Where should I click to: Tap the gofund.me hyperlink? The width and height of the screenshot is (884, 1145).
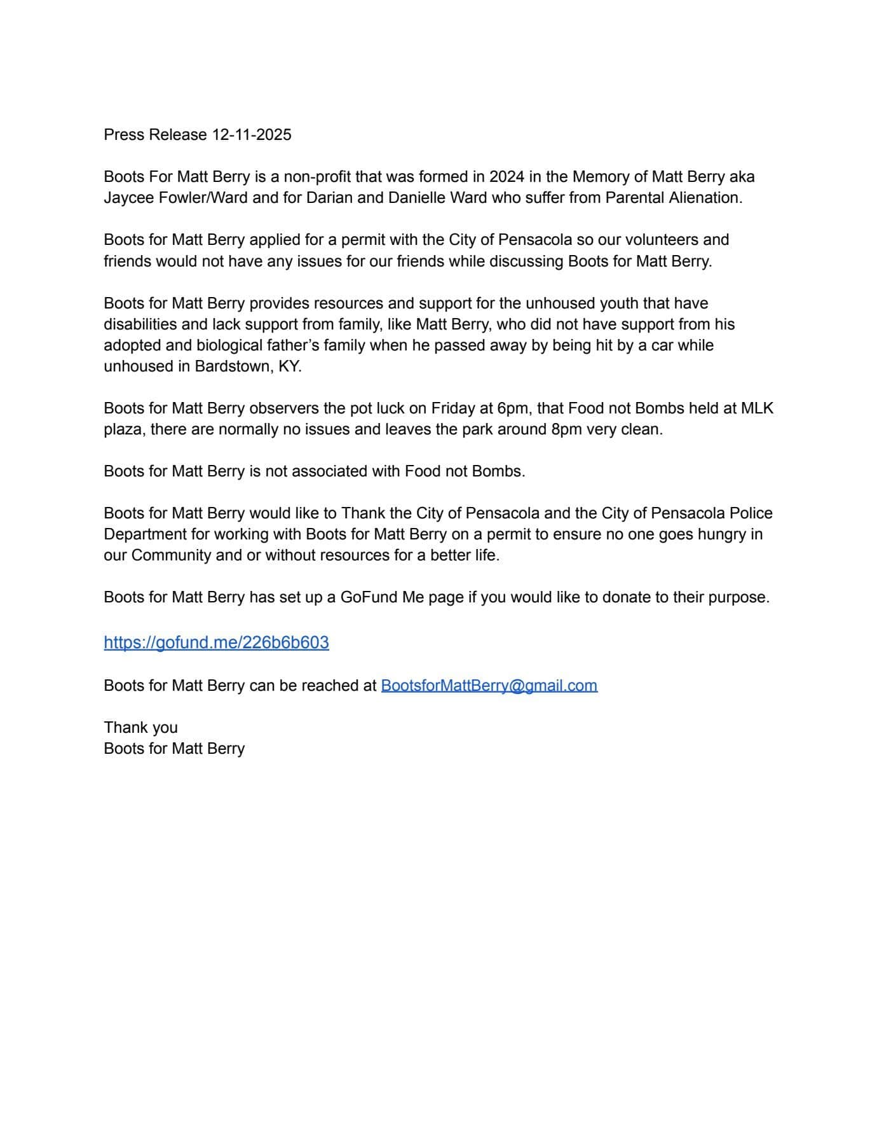click(216, 642)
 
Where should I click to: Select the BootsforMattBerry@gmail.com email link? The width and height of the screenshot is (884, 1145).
click(489, 686)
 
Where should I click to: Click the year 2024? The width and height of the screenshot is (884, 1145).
click(507, 177)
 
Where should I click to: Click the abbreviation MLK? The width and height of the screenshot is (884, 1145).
click(757, 408)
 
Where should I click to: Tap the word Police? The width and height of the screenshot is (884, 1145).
click(751, 513)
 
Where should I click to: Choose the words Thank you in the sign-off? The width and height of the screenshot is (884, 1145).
click(140, 728)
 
